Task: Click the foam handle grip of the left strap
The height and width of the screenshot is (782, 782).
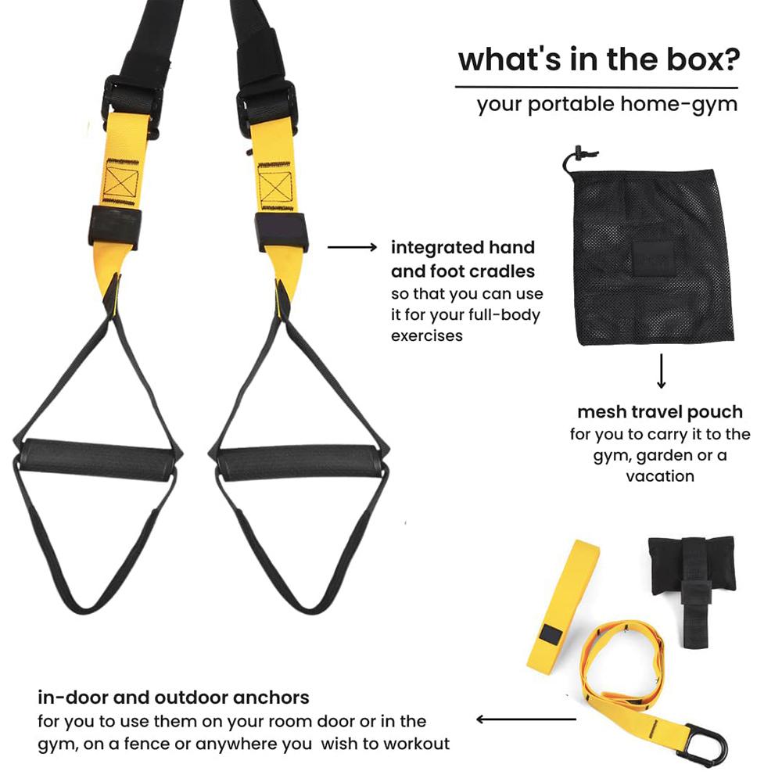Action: [98, 459]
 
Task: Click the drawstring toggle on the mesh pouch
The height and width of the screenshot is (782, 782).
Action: [579, 152]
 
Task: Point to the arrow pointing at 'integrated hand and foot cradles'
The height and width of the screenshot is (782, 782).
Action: [352, 247]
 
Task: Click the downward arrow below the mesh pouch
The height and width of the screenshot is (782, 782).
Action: [662, 371]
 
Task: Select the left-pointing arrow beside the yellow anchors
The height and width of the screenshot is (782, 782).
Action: [526, 719]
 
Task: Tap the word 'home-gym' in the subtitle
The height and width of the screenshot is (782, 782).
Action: [679, 106]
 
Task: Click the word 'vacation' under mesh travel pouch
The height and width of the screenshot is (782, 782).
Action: [660, 476]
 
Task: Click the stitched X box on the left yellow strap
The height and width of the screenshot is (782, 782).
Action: [120, 182]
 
